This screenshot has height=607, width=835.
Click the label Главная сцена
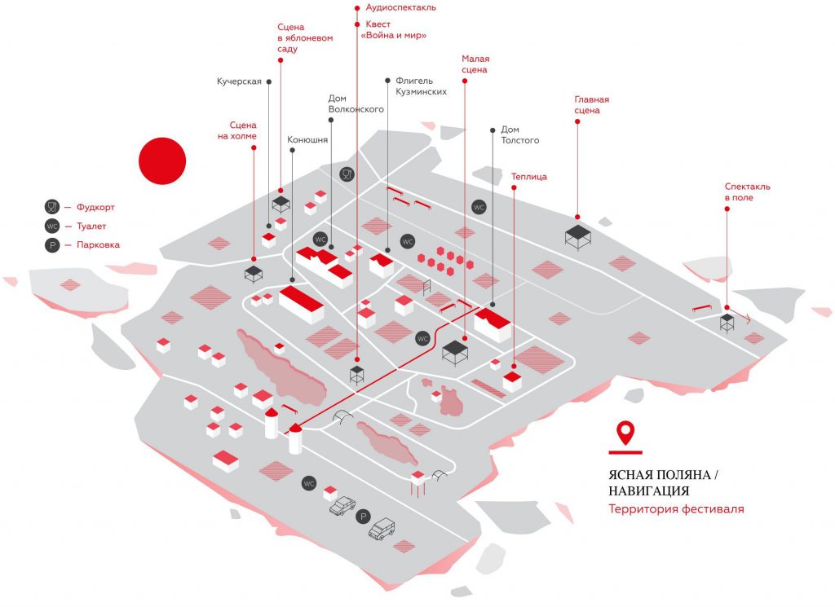(591, 105)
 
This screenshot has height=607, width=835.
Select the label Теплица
(528, 176)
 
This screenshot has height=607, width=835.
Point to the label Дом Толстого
(519, 134)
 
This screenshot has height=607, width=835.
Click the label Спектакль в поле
(747, 191)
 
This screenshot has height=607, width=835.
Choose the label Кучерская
(239, 81)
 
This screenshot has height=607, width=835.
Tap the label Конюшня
(307, 140)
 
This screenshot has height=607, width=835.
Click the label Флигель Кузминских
(421, 86)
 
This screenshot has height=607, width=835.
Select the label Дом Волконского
(356, 103)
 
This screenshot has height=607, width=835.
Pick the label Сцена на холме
(243, 130)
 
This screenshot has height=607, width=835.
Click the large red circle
(162, 160)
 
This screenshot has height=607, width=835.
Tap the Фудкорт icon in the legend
(52, 207)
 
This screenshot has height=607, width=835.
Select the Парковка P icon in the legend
(52, 244)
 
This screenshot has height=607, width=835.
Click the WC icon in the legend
(52, 226)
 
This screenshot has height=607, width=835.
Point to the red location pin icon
(625, 432)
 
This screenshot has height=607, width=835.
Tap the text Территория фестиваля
(676, 509)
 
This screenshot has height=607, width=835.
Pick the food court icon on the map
(347, 174)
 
